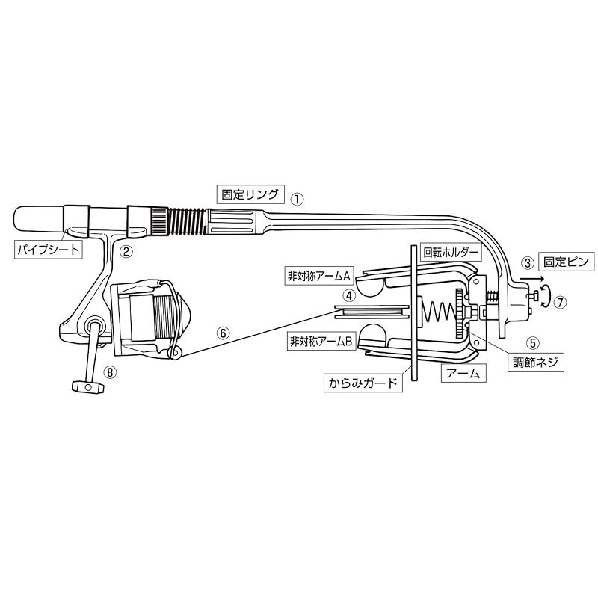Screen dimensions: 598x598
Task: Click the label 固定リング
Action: pos(250,194)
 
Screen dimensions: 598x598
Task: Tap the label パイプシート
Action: pos(49,250)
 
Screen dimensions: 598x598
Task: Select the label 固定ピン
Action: pos(567,262)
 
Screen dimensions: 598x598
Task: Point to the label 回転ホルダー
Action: pos(451,253)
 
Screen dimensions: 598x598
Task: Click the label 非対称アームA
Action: pos(319,275)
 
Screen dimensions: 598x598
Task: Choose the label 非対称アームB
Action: pos(321,342)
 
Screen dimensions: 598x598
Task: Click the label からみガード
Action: pos(363,383)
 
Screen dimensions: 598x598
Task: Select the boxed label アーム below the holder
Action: pos(463,373)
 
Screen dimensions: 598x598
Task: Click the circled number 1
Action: pos(297,199)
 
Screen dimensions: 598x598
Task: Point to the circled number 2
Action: pos(126,251)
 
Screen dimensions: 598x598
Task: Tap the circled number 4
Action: pos(349,295)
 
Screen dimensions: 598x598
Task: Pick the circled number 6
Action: pos(223,333)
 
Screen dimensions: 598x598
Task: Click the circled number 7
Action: pos(560,303)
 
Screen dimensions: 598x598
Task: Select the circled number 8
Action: pos(110,372)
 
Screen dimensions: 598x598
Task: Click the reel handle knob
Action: pos(87,387)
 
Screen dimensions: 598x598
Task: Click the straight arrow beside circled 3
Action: pos(532,279)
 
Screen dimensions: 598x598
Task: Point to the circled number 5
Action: pos(533,343)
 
